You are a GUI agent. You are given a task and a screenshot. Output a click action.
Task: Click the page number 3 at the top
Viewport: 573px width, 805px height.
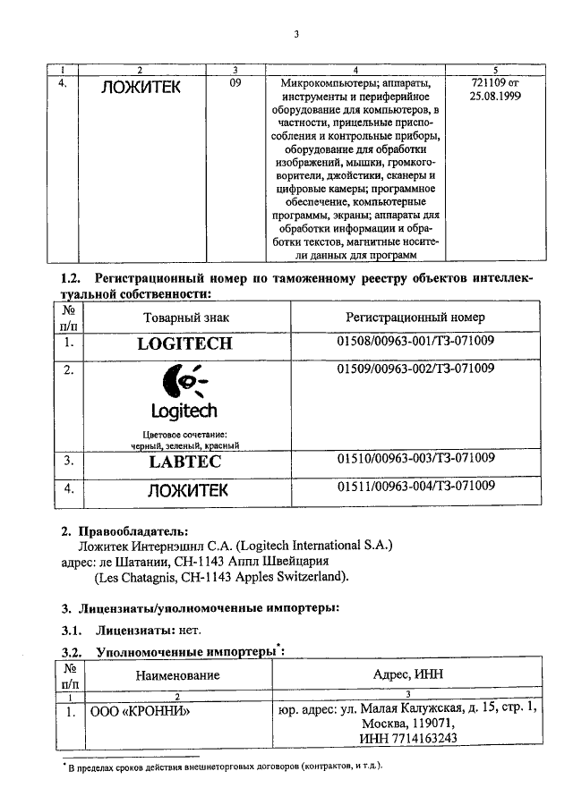click(295, 35)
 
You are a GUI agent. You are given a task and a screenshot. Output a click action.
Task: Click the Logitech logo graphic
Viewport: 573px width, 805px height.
click(184, 394)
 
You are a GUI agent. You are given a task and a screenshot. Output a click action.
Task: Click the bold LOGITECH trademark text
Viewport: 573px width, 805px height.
click(184, 343)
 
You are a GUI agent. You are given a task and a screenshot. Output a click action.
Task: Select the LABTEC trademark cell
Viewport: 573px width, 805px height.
click(184, 462)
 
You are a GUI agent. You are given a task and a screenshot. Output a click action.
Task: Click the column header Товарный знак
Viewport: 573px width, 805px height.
click(184, 318)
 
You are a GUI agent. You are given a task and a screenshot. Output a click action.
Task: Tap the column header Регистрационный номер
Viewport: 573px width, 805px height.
click(415, 318)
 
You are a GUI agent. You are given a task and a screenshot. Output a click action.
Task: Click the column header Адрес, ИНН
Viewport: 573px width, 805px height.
click(408, 674)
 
